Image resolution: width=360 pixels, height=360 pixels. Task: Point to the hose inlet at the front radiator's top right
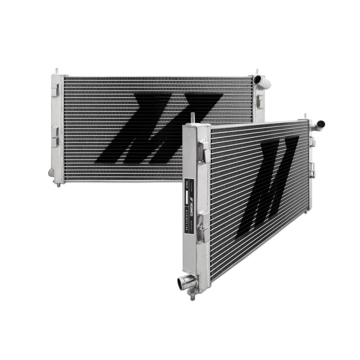coord(319,124)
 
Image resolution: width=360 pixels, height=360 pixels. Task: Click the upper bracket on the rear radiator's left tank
coord(54,89)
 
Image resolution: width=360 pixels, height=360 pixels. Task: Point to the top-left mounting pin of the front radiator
coord(193,117)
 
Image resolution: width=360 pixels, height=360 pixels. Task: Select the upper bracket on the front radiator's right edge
coord(312,141)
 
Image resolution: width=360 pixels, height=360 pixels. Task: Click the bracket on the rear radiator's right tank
coord(260,101)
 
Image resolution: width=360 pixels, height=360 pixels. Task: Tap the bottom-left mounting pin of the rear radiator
coord(58,184)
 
